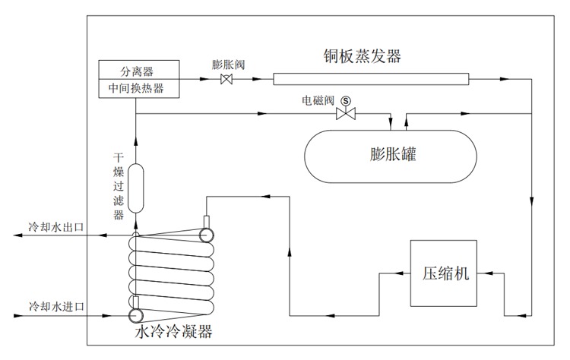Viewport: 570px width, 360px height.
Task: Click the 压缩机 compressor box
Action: [445, 273]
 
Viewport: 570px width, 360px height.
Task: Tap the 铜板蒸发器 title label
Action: [362, 55]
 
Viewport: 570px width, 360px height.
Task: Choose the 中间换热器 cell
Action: [138, 89]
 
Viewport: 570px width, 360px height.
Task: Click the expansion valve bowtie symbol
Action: [226, 79]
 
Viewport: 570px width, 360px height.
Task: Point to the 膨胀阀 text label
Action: [226, 65]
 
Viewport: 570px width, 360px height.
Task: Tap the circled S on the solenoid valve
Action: [347, 100]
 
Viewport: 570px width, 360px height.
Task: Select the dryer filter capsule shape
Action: [136, 188]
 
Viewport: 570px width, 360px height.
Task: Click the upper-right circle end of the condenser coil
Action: [206, 235]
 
